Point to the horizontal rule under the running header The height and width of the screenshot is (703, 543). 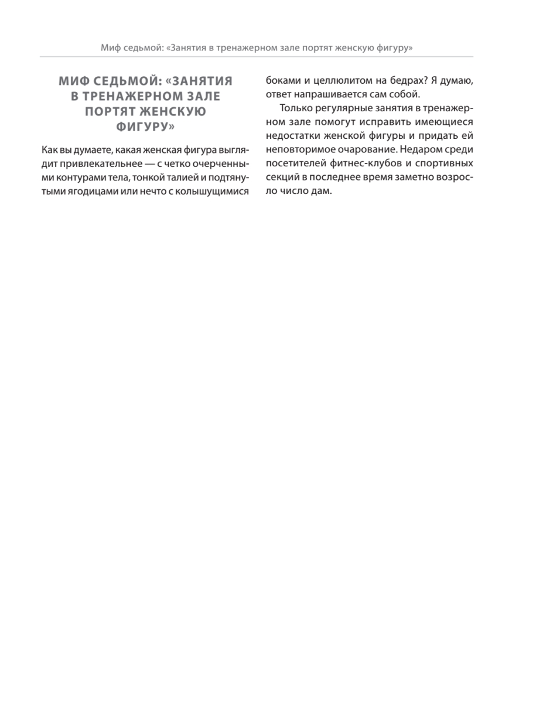pyautogui.click(x=256, y=57)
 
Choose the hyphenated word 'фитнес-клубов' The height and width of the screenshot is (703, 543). pyautogui.click(x=363, y=163)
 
